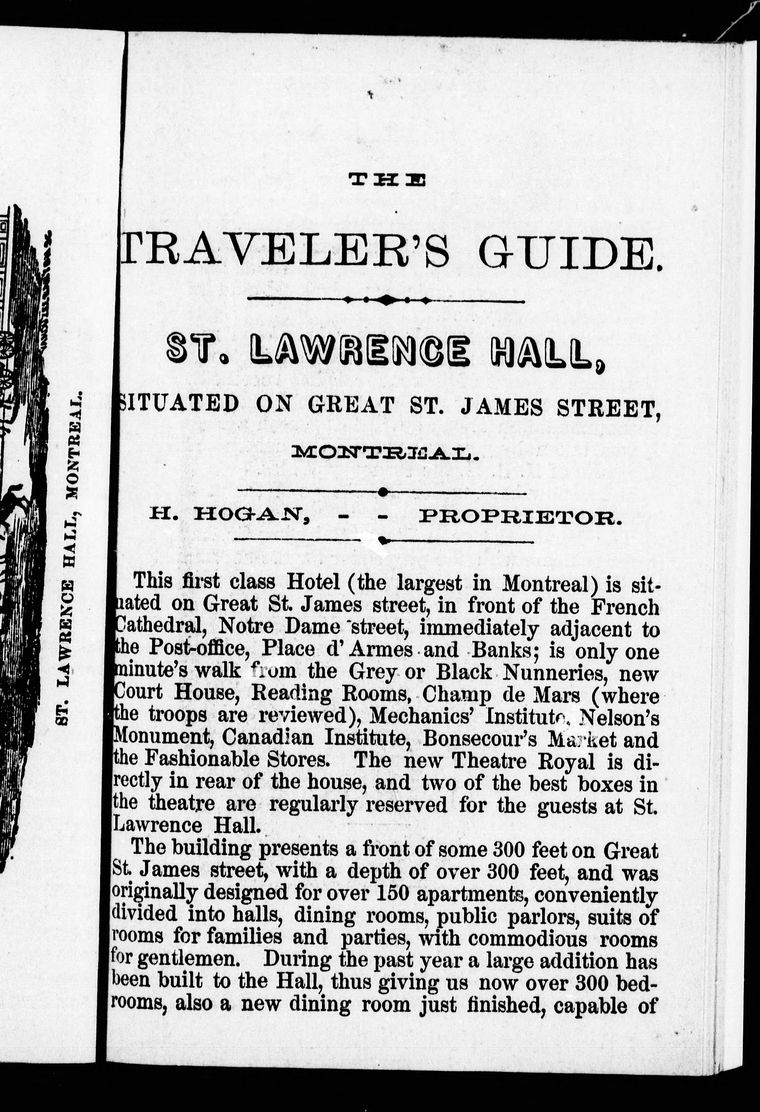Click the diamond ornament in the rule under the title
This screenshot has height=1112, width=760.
pyautogui.click(x=386, y=300)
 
